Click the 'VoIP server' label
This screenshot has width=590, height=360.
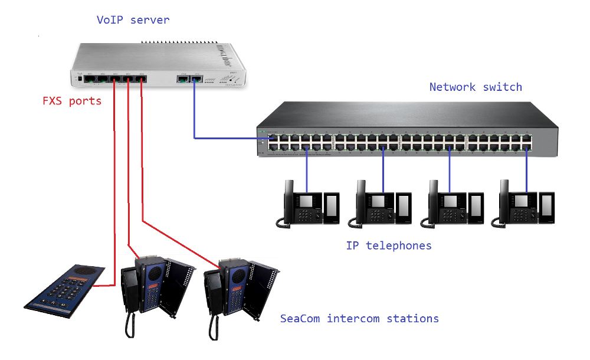point(133,20)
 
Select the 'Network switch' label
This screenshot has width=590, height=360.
point(476,87)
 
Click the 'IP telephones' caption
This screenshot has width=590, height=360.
point(388,245)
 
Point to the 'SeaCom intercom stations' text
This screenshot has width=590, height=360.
point(359,319)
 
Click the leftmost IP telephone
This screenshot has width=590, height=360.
point(307,204)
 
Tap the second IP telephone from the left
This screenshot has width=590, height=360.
point(381,204)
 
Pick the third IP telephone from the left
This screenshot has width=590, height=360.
point(453,204)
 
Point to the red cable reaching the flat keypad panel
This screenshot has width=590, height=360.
point(113,236)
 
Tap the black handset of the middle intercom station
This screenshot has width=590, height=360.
point(130,289)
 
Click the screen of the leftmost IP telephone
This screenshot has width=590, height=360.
point(306,201)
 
